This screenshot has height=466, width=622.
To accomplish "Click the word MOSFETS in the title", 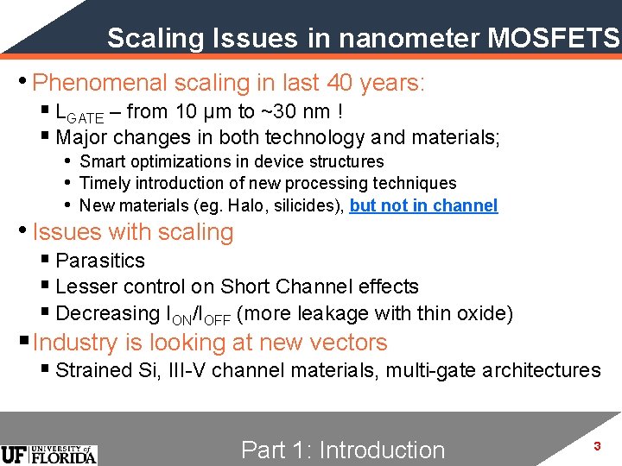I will click(x=554, y=38).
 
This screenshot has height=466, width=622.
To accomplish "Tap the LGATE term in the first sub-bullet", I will click(x=79, y=113).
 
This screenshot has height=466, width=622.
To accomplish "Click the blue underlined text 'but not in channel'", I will click(x=423, y=205).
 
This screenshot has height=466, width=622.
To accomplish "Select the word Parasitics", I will click(x=100, y=261).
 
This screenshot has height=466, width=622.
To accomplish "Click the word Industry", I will click(x=75, y=343).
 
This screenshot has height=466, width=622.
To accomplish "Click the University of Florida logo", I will click(x=49, y=454).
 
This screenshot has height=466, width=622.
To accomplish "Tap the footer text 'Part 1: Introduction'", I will click(x=343, y=450).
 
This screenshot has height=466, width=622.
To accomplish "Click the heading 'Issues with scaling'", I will click(x=133, y=232).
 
